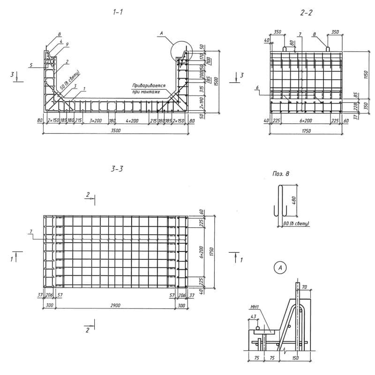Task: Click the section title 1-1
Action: pos(118,14)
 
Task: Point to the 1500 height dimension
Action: pos(215,81)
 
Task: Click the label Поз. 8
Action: pos(281,174)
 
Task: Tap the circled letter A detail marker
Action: pos(280,268)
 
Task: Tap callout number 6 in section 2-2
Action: pos(270,88)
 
